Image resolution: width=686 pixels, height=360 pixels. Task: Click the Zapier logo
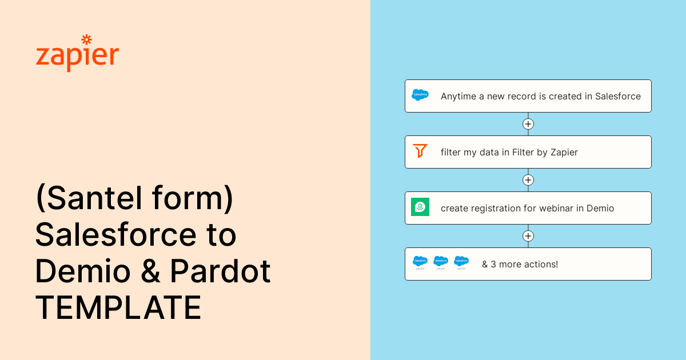[77, 53]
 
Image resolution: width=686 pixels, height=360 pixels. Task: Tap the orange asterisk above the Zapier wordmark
[87, 40]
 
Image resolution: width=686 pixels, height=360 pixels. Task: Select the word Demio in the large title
[83, 271]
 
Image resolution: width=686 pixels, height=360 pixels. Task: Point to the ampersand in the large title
[150, 271]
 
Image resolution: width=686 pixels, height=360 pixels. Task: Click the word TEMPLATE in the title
[118, 307]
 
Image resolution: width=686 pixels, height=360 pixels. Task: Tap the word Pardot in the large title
[220, 271]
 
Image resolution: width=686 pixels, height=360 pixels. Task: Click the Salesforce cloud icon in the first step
[420, 95]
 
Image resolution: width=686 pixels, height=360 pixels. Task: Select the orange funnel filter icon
[420, 151]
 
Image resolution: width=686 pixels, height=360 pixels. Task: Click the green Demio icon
[420, 207]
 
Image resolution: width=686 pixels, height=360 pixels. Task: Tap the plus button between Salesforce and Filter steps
[528, 124]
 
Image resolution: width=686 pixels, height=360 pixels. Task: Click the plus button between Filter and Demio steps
[528, 180]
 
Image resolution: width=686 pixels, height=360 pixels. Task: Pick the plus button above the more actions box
[528, 236]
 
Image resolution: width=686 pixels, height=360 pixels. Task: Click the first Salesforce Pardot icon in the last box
[420, 263]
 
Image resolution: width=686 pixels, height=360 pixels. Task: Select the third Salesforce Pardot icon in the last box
[461, 263]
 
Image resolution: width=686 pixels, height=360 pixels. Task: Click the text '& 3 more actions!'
[520, 264]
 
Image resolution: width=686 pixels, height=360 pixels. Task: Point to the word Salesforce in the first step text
[618, 96]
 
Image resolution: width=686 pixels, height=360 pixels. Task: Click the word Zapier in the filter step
[564, 153]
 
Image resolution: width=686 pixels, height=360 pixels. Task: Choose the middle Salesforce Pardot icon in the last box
[441, 263]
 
